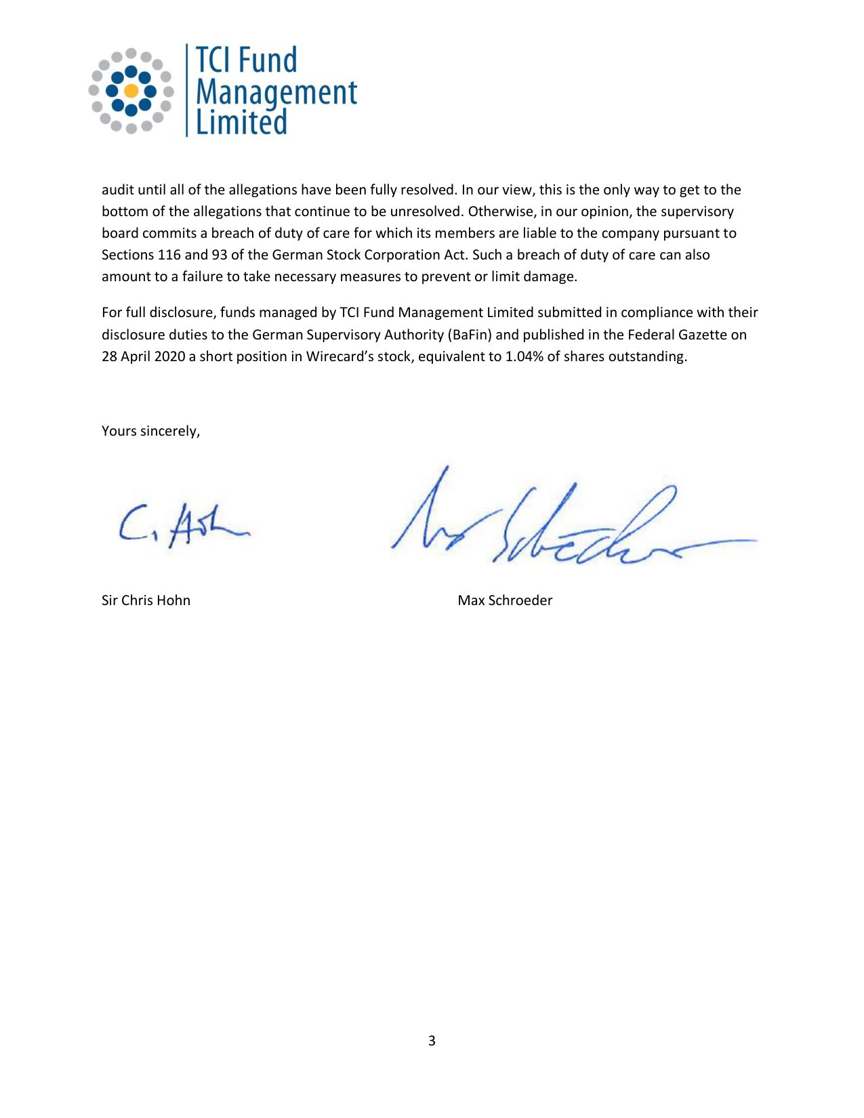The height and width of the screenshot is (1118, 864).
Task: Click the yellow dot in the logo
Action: [131, 91]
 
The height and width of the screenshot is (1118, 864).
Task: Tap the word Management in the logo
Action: [276, 93]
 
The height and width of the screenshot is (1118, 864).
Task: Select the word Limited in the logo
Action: [241, 123]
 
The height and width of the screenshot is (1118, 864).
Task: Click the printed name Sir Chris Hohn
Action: [146, 600]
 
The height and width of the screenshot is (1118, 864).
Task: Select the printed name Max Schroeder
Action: [505, 600]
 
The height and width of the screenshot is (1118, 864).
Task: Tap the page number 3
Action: [432, 1041]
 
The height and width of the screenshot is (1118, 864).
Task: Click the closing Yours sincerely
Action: [150, 431]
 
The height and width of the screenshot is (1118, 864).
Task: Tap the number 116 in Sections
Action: [169, 255]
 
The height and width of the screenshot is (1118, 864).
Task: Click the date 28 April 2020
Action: [143, 356]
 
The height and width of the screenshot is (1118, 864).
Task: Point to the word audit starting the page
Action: [118, 190]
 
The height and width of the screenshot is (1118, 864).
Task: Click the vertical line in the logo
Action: [187, 90]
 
